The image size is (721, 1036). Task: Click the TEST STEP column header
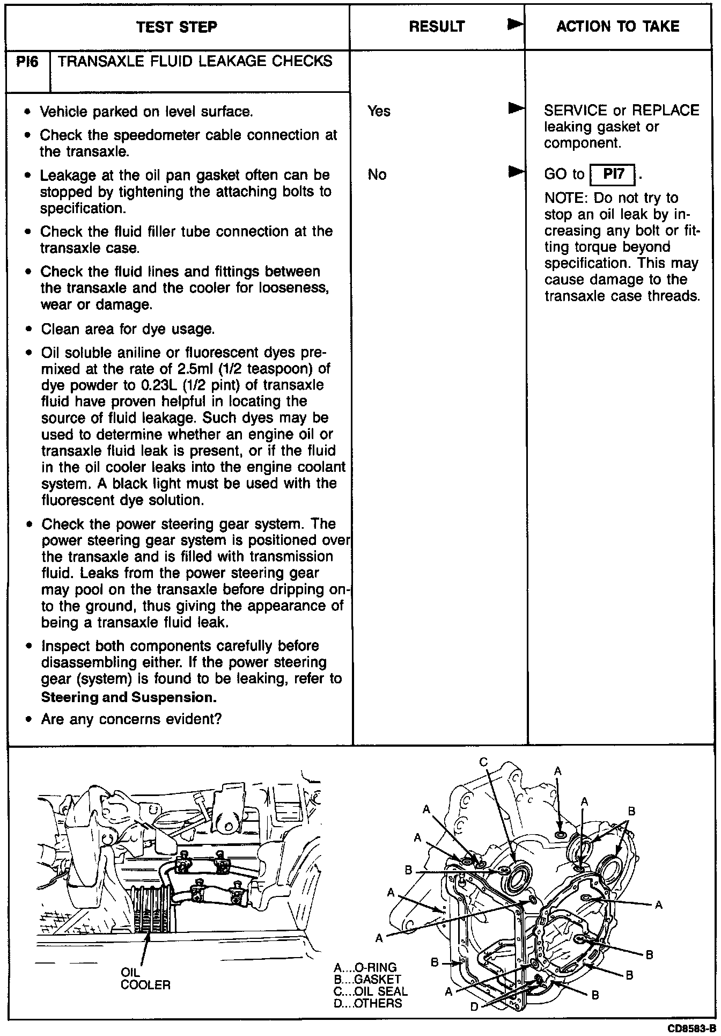point(176,27)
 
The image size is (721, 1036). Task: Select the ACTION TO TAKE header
point(617,26)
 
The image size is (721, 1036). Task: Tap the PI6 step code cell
point(27,62)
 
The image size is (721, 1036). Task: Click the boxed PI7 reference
point(612,174)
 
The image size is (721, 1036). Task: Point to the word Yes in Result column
point(379,111)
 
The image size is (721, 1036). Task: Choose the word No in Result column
point(377,174)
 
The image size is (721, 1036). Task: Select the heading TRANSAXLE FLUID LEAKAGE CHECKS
point(195,61)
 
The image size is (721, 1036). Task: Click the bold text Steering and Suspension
point(129,697)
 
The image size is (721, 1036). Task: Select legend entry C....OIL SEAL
point(370,991)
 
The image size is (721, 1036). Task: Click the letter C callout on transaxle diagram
point(483,762)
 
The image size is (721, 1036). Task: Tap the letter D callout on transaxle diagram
point(474,1007)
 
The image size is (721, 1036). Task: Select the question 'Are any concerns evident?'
point(131,719)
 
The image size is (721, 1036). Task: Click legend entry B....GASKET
point(367,980)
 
